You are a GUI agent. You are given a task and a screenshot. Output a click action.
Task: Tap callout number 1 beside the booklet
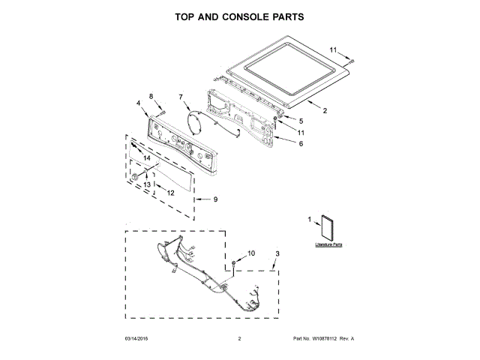(309, 219)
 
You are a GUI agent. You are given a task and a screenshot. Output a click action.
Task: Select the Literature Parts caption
(328, 244)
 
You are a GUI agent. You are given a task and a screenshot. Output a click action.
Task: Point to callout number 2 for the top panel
(325, 111)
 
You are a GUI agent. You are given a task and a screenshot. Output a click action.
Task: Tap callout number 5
(301, 121)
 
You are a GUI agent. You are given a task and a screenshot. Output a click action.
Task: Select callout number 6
(301, 143)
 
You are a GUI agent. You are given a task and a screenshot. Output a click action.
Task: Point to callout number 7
(180, 96)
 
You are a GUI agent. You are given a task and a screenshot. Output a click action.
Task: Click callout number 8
(150, 96)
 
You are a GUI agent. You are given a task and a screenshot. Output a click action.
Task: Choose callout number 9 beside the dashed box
(215, 199)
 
